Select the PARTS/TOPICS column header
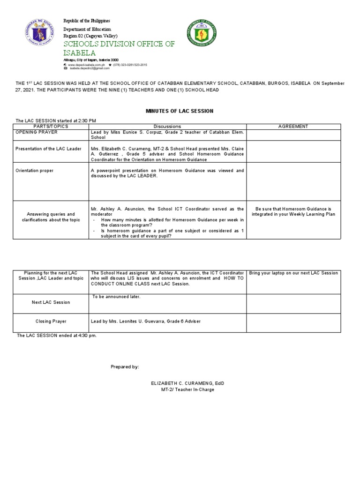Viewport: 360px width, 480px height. point(52,127)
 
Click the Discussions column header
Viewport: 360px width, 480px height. point(167,127)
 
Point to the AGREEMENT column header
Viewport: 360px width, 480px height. point(293,127)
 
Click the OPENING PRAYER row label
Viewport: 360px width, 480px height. point(37,132)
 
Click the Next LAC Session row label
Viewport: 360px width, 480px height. point(51,302)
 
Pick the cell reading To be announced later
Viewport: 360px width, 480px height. point(116,297)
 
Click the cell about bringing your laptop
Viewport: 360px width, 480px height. point(293,273)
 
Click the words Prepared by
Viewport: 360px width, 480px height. point(125,367)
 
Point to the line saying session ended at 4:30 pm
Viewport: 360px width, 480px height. point(56,336)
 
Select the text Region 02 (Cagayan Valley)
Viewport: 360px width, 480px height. point(90,36)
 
